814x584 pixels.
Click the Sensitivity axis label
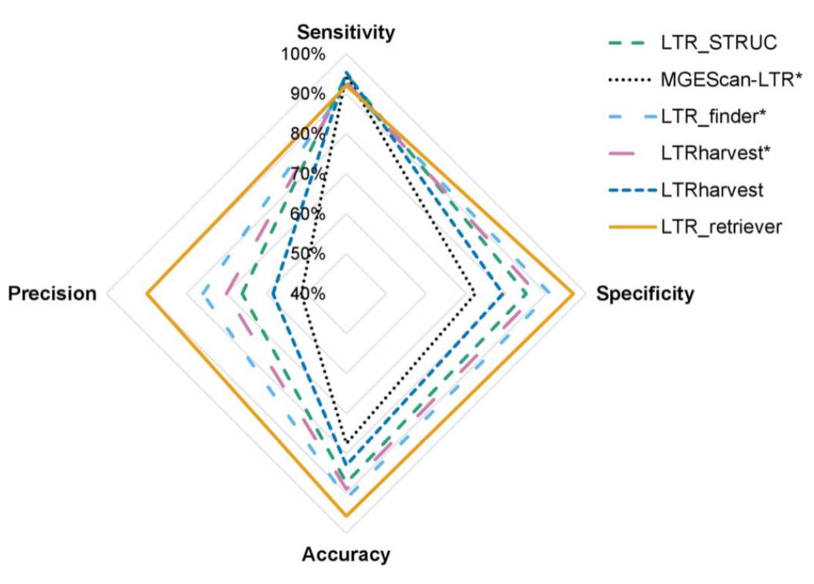point(346,32)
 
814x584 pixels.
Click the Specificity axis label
point(645,294)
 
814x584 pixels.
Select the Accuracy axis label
point(346,554)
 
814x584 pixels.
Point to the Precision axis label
point(52,294)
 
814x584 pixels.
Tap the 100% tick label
point(305,54)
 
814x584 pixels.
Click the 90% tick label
point(307,94)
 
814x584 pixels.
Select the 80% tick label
point(307,133)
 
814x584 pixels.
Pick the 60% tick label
point(307,214)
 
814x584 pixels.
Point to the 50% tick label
point(307,254)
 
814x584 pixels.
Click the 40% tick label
point(307,294)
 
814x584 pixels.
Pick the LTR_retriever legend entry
point(722,226)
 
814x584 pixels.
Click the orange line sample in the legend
point(630,227)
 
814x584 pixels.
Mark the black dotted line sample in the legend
point(630,78)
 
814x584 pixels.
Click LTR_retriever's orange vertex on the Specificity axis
point(574,295)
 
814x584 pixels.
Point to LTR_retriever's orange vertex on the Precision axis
point(147,295)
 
